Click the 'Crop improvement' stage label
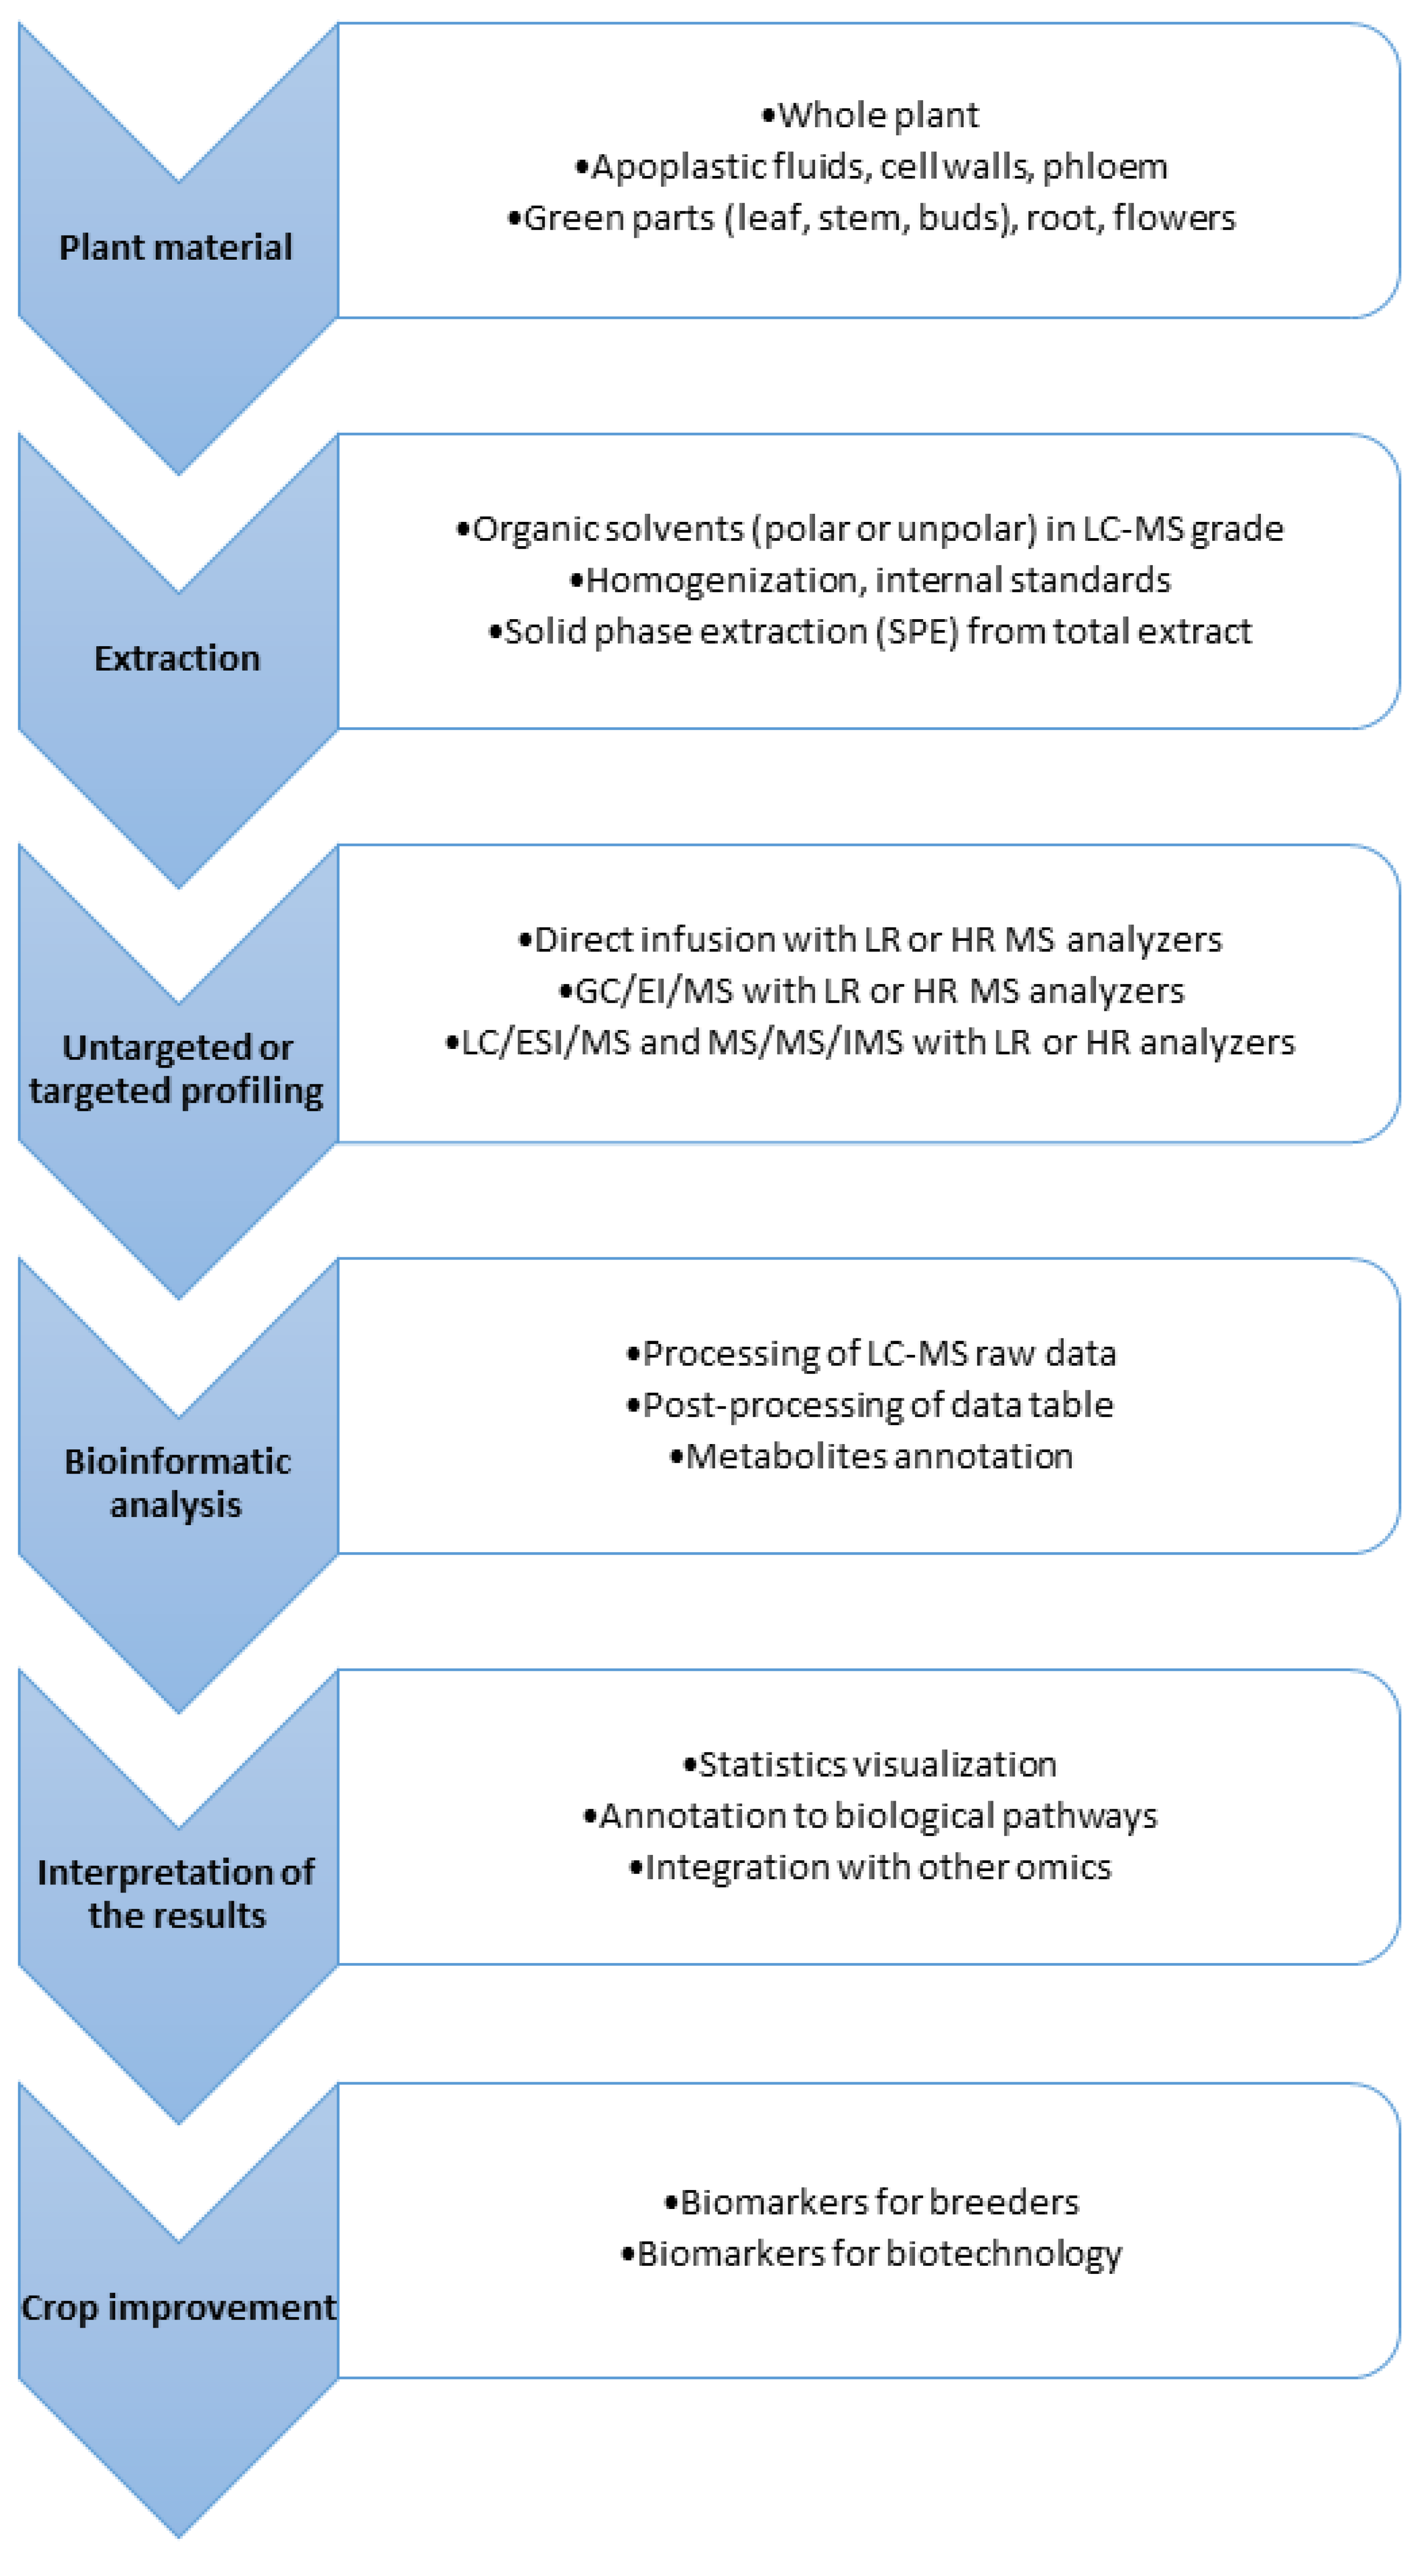click(179, 2307)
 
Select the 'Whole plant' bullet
click(871, 115)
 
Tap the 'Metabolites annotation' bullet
click(871, 1456)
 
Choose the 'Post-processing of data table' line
click(871, 1405)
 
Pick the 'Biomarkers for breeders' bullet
click(871, 2202)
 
